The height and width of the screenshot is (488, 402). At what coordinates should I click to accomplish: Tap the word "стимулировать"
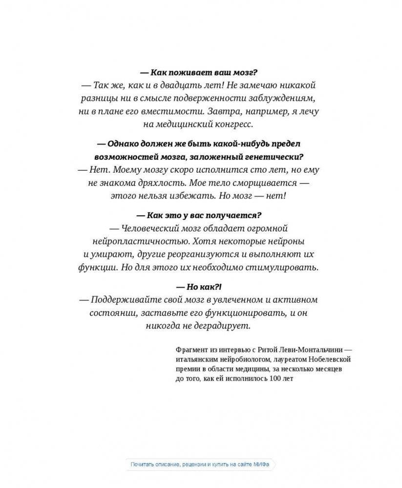286,267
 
